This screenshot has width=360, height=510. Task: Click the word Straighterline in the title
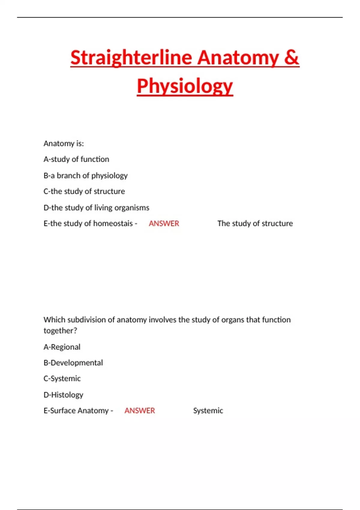point(131,58)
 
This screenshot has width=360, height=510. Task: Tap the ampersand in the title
point(291,58)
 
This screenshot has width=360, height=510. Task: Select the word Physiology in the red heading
point(185,86)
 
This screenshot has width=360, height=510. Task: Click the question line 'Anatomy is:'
point(64,143)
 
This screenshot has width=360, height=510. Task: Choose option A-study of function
point(76,159)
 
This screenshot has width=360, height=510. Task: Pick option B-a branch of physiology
point(85,175)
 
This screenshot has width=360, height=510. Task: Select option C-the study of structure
point(84,191)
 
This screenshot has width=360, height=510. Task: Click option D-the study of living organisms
point(96,208)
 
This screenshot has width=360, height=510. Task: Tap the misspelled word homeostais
point(113,223)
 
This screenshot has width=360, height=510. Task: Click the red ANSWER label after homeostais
point(164,223)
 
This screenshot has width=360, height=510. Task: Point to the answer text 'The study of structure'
point(255,223)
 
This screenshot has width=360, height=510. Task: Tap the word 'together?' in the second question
point(60,331)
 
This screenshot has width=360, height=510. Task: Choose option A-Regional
point(62,347)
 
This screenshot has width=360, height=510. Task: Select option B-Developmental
point(73,363)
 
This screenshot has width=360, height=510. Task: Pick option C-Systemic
point(62,379)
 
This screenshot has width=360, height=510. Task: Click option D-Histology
point(63,395)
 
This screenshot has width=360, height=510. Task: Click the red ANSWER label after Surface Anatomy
point(139,411)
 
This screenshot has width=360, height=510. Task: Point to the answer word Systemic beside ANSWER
point(208,411)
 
